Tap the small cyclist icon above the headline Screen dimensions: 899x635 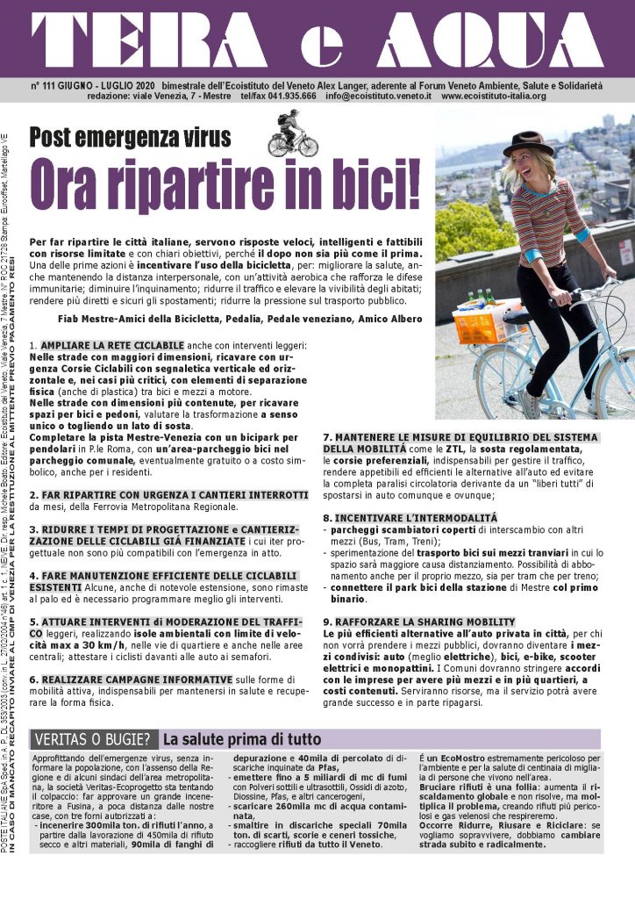click(285, 133)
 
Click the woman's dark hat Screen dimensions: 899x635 click(533, 142)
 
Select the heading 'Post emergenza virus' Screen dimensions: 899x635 click(130, 138)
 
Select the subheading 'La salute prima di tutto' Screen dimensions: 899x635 click(242, 739)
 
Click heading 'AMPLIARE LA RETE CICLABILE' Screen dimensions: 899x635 click(112, 346)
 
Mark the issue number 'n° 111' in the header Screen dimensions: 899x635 click(46, 85)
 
